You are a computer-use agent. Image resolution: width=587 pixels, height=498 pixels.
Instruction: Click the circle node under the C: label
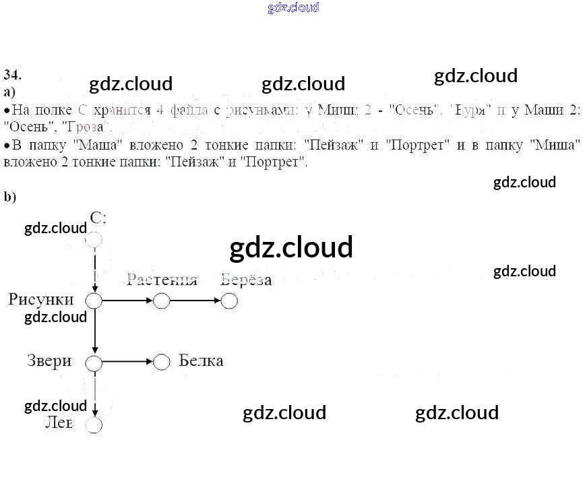[94, 240]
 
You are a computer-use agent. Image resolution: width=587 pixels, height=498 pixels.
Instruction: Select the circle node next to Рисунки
[94, 301]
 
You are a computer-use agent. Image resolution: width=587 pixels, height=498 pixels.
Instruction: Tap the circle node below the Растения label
[161, 301]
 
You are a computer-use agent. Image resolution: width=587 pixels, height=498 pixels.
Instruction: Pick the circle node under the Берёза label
[229, 301]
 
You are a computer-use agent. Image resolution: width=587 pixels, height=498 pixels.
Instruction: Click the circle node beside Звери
[94, 363]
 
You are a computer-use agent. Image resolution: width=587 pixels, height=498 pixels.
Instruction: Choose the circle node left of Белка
[161, 363]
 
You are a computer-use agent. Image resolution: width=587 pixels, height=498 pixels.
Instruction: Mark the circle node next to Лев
[94, 425]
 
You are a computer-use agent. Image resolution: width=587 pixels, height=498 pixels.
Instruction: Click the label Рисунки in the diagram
[40, 299]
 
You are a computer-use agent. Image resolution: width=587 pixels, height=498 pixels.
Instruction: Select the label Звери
[49, 361]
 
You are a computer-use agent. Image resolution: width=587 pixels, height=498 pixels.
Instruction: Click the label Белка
[201, 361]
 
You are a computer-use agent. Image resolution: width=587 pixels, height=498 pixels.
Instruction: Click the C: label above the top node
[98, 217]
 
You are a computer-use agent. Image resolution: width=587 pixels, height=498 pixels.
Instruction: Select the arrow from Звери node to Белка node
[128, 363]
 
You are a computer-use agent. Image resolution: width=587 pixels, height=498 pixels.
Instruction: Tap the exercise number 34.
[12, 74]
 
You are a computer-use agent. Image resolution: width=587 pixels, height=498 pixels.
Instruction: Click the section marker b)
[9, 197]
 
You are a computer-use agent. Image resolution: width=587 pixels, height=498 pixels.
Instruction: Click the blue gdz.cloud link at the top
[293, 7]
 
